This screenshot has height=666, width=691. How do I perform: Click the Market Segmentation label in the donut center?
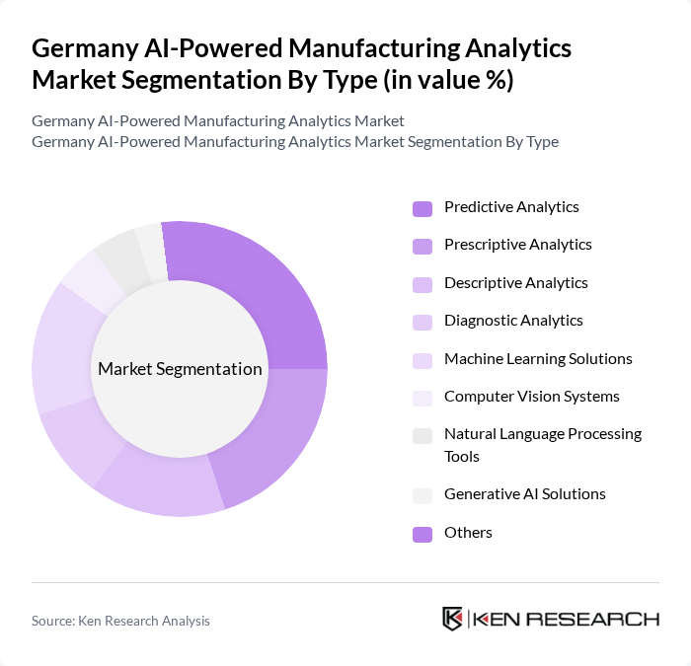(x=180, y=369)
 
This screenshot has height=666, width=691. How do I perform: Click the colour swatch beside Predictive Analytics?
(x=422, y=208)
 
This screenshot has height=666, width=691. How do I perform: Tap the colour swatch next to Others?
(x=422, y=534)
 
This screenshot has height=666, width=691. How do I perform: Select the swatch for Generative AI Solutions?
(x=422, y=495)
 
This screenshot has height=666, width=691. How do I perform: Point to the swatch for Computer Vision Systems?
(x=422, y=398)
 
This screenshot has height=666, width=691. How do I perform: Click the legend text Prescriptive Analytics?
(x=517, y=245)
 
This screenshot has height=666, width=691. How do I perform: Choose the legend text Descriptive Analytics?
(x=515, y=283)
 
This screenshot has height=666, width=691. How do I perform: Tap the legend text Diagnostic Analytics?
(x=513, y=321)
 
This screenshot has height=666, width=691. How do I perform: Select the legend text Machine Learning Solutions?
(x=538, y=359)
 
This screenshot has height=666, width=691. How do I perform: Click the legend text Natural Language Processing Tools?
(x=542, y=445)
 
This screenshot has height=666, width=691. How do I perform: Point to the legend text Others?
(x=468, y=533)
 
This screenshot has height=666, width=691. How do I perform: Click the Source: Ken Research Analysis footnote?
(x=120, y=621)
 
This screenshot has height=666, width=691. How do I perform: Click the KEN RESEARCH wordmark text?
(x=567, y=619)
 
